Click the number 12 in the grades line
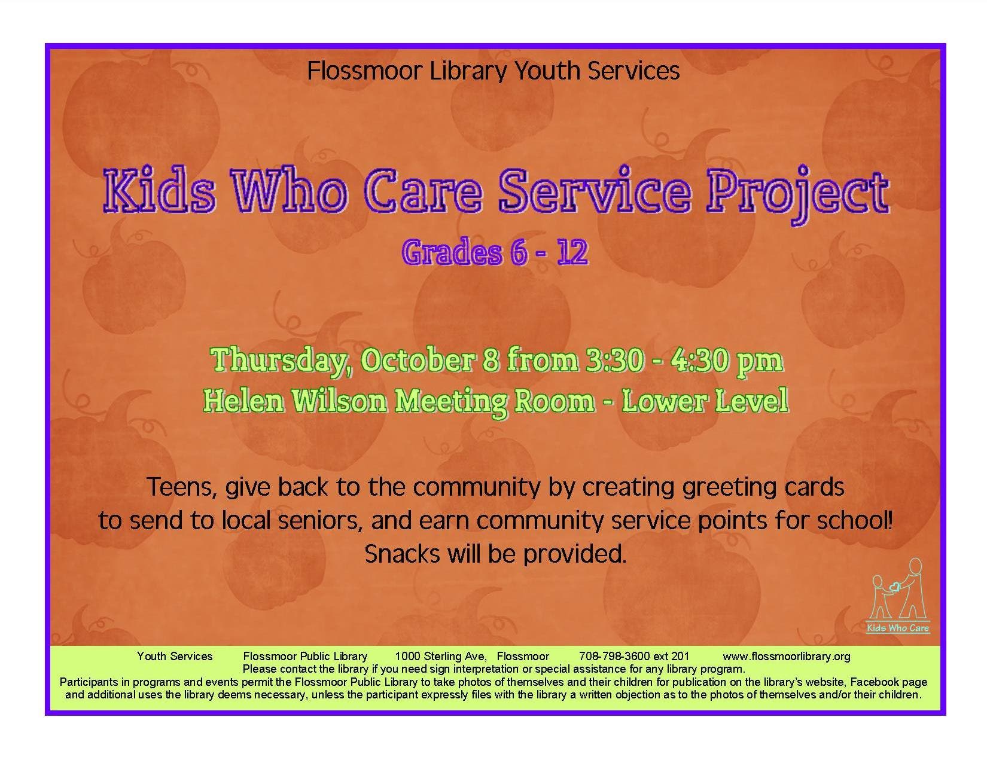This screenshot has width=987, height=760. click(573, 252)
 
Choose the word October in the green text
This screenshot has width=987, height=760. click(418, 360)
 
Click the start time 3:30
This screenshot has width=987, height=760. click(614, 360)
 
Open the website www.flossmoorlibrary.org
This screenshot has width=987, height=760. click(786, 656)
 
